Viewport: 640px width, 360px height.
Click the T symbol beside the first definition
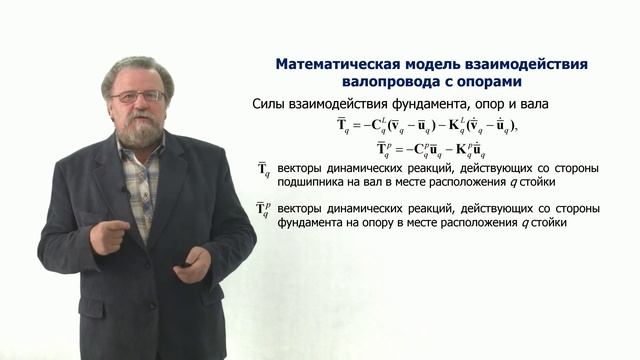click(264, 172)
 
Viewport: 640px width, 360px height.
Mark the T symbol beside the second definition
click(264, 211)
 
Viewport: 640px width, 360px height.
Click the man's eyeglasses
click(137, 96)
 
